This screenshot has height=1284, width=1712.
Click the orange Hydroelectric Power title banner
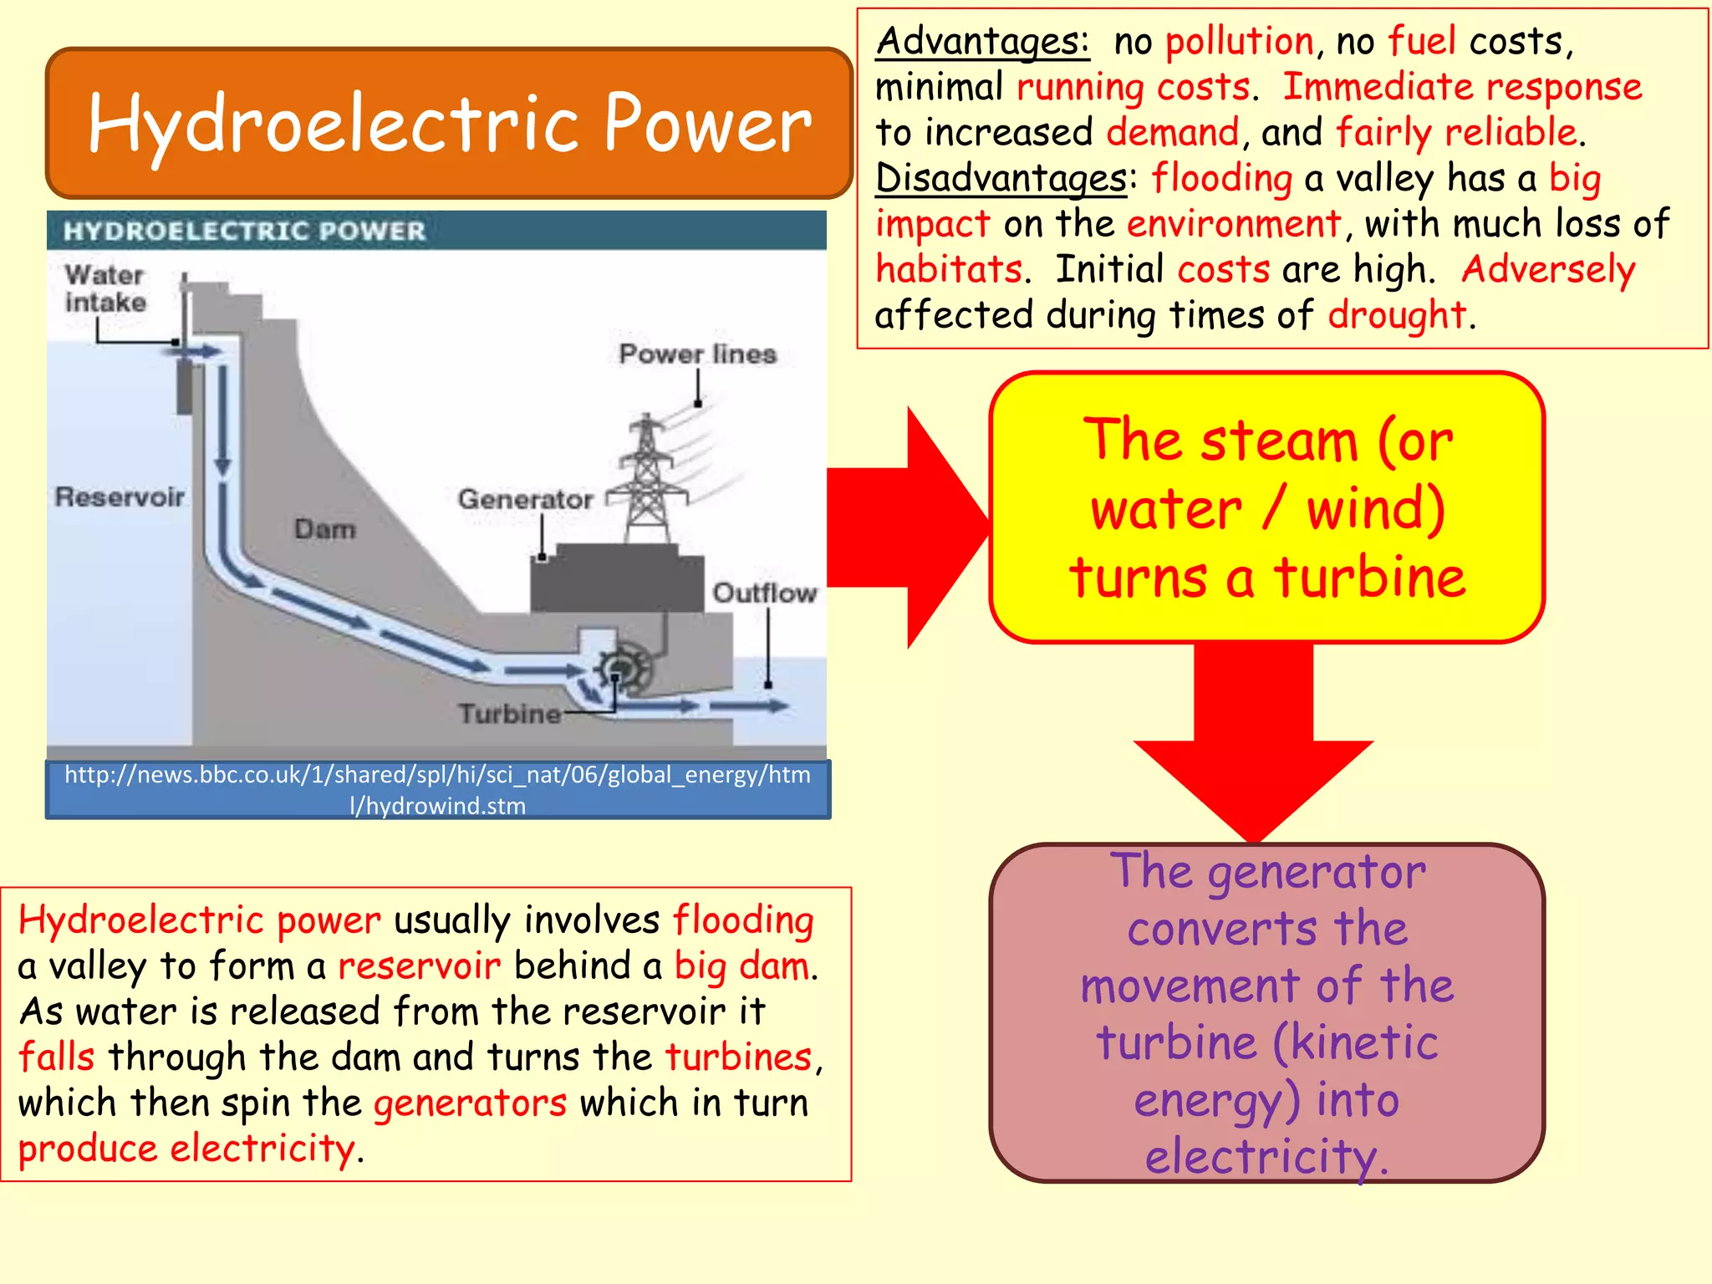tap(449, 123)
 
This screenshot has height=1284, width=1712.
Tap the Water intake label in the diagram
tap(105, 288)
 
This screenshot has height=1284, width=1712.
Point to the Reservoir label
tap(120, 497)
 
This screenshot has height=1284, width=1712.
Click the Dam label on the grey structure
tap(324, 528)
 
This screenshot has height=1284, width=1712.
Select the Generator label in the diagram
tap(525, 499)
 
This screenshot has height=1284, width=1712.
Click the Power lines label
tap(697, 354)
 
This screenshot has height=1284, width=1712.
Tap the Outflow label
tap(763, 593)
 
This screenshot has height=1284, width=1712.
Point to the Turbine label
tap(508, 713)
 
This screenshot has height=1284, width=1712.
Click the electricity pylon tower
tap(647, 481)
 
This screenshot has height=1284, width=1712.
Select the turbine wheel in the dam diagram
tap(623, 669)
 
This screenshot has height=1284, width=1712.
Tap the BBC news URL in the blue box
tap(437, 789)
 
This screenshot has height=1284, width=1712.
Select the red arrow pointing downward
tap(1253, 752)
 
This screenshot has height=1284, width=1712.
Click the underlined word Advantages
tap(982, 41)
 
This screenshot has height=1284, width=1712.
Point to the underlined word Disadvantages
tap(1001, 178)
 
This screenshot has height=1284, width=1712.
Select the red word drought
tap(1396, 315)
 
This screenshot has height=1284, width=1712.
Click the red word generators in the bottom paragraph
tap(470, 1103)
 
